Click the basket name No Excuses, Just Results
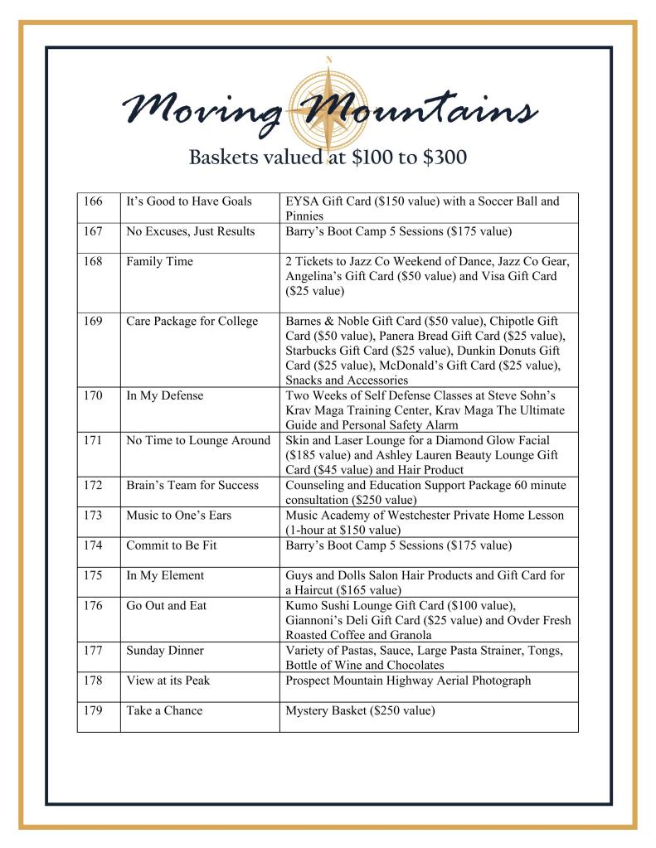point(191,231)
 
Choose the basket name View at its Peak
point(168,681)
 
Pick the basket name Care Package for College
point(192,322)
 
